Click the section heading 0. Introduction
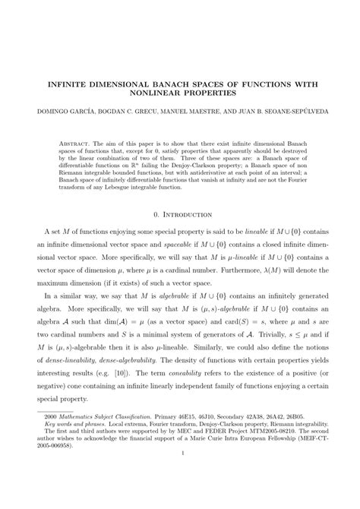[x=179, y=215]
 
